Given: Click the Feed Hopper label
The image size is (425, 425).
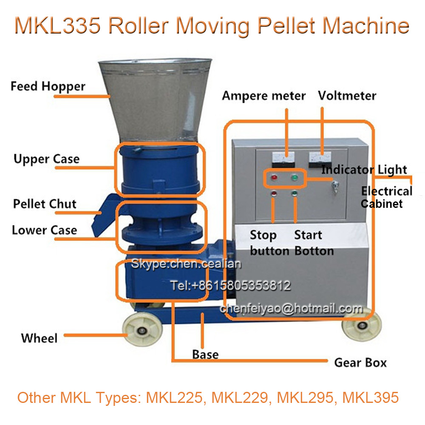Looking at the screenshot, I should (48, 87).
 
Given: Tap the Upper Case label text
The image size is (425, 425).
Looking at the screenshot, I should (46, 159).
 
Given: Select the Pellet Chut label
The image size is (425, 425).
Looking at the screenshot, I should (45, 204).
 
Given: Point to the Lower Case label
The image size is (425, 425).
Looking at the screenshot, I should (44, 230).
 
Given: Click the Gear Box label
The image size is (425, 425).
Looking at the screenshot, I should (360, 363).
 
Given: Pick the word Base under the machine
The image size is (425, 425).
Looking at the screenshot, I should (205, 354).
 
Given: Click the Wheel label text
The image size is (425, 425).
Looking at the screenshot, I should (39, 338).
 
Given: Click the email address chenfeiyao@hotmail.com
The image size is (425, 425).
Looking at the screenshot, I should (291, 309).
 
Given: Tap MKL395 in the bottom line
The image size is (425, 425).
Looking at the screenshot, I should (371, 397).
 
